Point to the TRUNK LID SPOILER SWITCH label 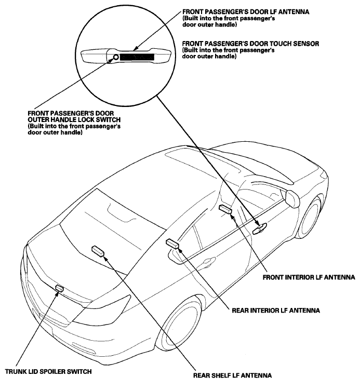(49, 371)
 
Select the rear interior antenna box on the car (172, 244)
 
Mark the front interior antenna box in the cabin (225, 209)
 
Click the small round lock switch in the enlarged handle (113, 57)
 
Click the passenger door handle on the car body (260, 226)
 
